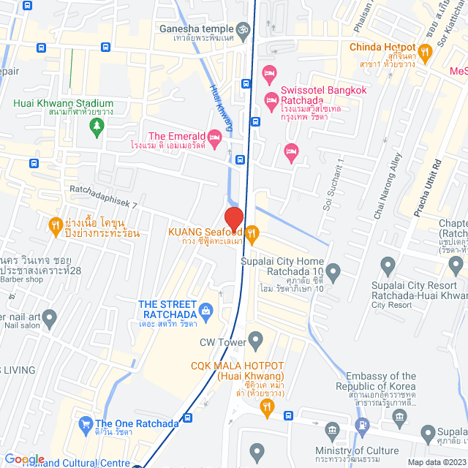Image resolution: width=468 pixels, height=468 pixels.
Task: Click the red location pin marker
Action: pos(233,219)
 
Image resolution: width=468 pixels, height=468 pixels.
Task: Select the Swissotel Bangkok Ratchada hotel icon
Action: pos(271,99)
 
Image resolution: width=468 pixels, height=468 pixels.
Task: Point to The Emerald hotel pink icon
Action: pos(214,136)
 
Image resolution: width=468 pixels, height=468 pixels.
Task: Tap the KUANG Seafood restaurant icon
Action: pos(252,233)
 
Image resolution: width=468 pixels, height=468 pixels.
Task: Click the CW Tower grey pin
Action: pos(255,340)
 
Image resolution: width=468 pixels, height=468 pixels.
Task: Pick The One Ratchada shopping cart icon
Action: pos(86,423)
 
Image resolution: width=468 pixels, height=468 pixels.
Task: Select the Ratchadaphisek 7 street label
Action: pos(104,200)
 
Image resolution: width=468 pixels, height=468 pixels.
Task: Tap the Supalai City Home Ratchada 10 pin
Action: pos(333,273)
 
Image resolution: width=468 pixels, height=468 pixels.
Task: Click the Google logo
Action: pos(24,458)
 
